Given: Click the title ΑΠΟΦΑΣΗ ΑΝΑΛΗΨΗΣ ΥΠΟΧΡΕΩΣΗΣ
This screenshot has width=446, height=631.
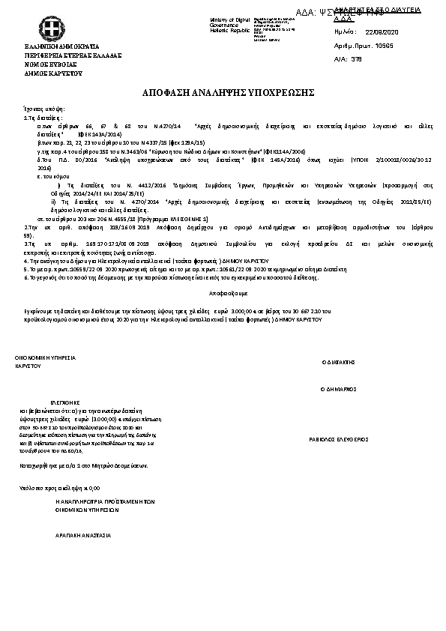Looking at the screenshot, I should coord(223,92).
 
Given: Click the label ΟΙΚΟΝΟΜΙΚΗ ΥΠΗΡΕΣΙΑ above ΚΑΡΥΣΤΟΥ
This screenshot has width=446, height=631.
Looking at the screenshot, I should coord(46,359).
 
